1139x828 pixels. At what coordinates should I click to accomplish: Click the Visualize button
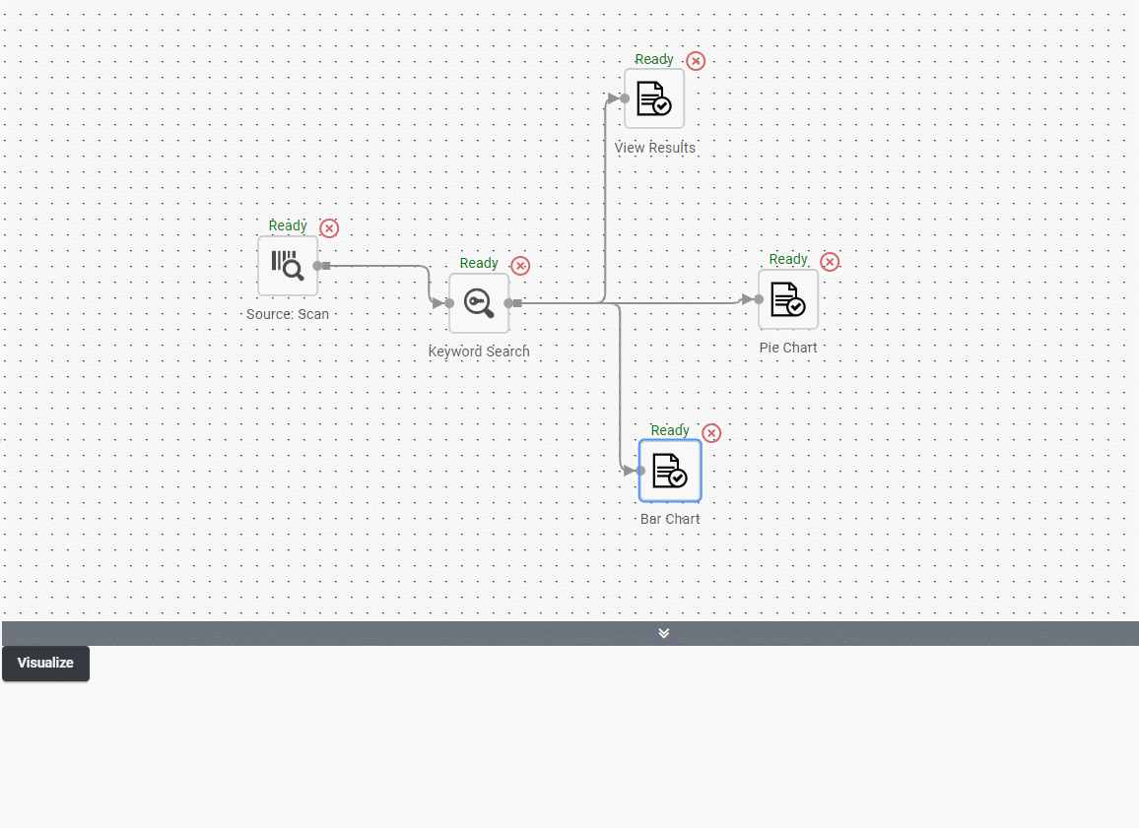click(x=45, y=664)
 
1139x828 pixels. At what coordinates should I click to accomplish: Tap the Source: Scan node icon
click(x=288, y=266)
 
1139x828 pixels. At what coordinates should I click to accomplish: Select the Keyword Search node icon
click(x=479, y=302)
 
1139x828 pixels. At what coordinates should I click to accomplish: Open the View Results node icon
click(x=654, y=98)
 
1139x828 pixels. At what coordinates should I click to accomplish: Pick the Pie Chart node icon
click(x=788, y=299)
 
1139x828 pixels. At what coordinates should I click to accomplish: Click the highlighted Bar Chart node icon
click(x=670, y=471)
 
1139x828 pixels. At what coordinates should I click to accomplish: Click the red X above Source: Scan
click(x=329, y=228)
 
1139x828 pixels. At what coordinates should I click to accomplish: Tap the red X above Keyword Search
click(x=520, y=266)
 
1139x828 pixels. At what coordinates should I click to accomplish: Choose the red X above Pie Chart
click(x=830, y=262)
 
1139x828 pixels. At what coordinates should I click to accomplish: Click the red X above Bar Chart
click(x=711, y=433)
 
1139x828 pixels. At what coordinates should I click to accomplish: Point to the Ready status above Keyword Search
click(x=479, y=264)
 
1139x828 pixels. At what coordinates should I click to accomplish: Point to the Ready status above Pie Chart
click(x=788, y=260)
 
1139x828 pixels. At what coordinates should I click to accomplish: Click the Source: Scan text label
click(x=288, y=314)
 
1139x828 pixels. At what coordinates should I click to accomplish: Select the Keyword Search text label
click(x=479, y=351)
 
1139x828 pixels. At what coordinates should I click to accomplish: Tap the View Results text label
click(x=654, y=148)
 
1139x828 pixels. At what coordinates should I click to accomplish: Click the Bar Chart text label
click(x=670, y=519)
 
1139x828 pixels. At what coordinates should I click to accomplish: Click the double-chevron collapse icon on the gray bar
click(x=664, y=633)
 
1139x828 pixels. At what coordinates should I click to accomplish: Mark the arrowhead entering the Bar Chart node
click(x=629, y=471)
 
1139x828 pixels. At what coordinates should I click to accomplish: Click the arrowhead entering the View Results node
click(x=614, y=98)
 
